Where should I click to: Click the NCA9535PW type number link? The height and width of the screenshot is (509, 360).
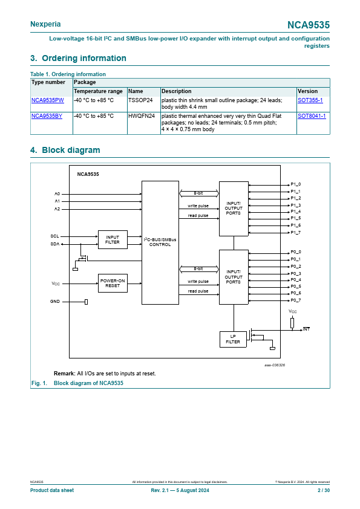[47, 100]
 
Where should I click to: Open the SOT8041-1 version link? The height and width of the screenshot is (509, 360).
[312, 116]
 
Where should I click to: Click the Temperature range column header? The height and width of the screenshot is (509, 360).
[98, 91]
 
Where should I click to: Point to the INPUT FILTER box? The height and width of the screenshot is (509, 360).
[113, 239]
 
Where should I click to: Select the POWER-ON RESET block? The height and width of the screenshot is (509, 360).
[113, 283]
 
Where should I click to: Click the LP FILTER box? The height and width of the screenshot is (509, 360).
[233, 339]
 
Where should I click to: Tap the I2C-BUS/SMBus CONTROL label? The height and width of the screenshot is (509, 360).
[160, 242]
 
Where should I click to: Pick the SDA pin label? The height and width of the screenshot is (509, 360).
[55, 244]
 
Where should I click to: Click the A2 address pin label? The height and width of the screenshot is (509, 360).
[57, 209]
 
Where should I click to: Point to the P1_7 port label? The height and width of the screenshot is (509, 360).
[296, 232]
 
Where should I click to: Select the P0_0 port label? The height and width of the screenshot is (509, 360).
[296, 252]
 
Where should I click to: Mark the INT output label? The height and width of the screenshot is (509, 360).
[306, 329]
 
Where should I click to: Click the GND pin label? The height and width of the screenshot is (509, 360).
[55, 302]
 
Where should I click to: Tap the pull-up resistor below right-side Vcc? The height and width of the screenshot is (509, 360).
[292, 323]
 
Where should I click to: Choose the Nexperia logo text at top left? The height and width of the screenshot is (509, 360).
[45, 24]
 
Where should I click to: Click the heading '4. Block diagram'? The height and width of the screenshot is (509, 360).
[65, 150]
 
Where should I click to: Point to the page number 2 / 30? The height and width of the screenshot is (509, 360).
[324, 490]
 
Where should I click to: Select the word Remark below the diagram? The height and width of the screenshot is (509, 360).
[64, 374]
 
